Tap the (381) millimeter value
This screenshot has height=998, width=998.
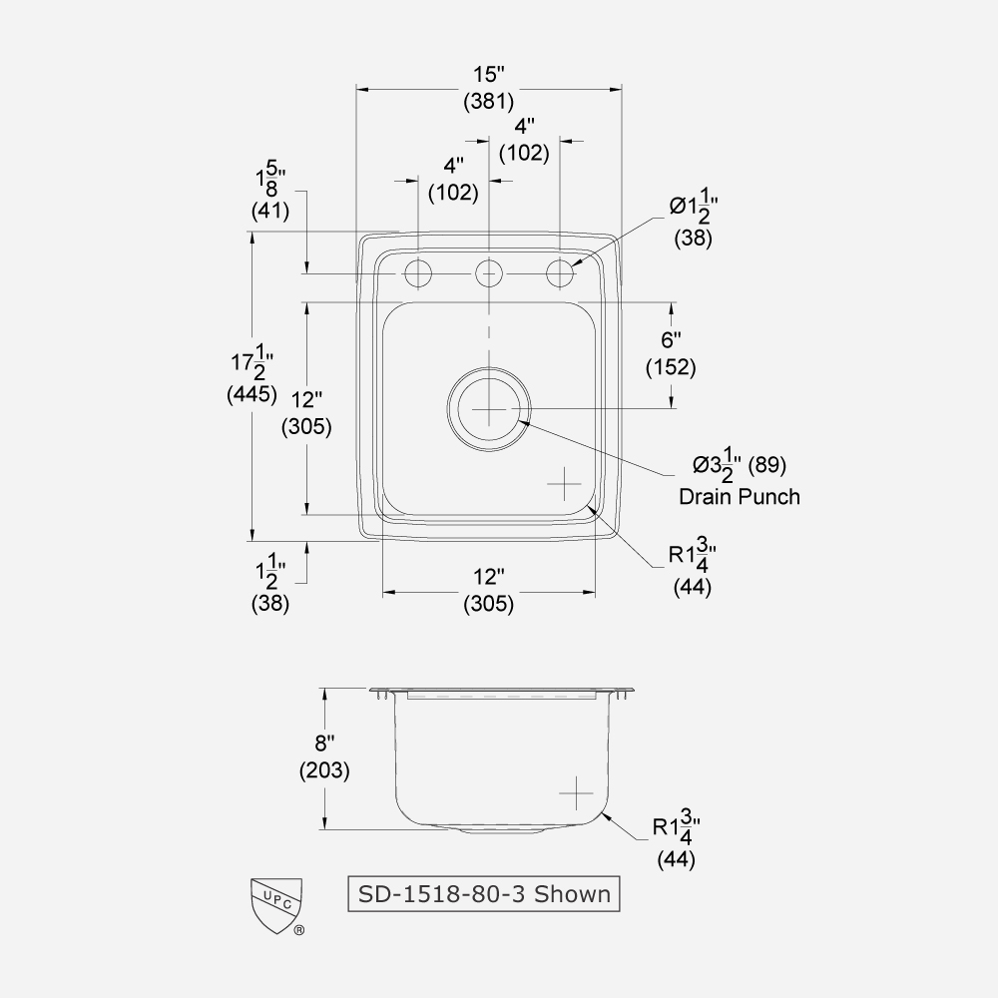click(x=489, y=101)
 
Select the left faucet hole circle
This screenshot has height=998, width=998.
click(x=417, y=271)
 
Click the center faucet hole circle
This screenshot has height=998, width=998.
click(x=488, y=271)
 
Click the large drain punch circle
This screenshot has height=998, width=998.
click(x=488, y=409)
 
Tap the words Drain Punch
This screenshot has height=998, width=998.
click(x=739, y=496)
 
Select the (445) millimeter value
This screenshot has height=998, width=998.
click(x=251, y=394)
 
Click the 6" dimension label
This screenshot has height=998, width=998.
click(x=671, y=341)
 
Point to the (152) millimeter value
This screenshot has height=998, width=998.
click(x=671, y=367)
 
